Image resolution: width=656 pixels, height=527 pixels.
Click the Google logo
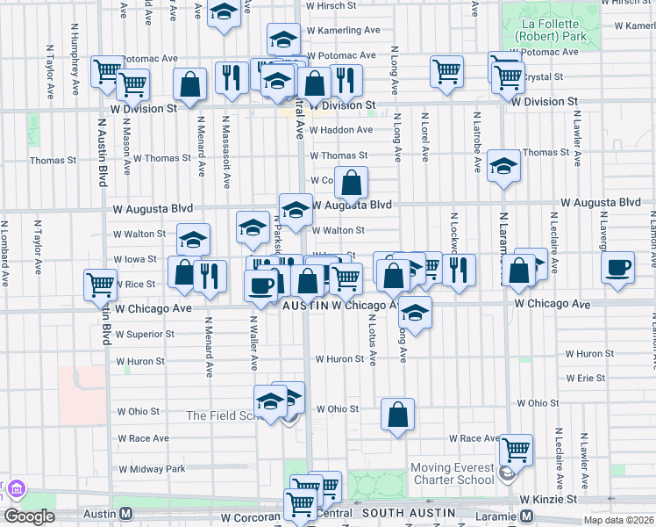(x=29, y=516)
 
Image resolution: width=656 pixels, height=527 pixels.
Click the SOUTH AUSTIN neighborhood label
(x=408, y=513)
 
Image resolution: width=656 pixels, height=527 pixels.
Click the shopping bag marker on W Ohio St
(x=398, y=415)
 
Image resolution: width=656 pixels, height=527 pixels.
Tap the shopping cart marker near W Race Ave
(x=517, y=450)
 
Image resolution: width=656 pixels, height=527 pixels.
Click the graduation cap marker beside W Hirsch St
(x=225, y=14)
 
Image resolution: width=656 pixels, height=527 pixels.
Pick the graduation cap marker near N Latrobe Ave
(x=503, y=164)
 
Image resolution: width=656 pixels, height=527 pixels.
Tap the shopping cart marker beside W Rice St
(x=101, y=284)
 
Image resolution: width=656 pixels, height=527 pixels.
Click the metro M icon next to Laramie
(x=527, y=516)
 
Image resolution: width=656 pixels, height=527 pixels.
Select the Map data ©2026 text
(x=619, y=521)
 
